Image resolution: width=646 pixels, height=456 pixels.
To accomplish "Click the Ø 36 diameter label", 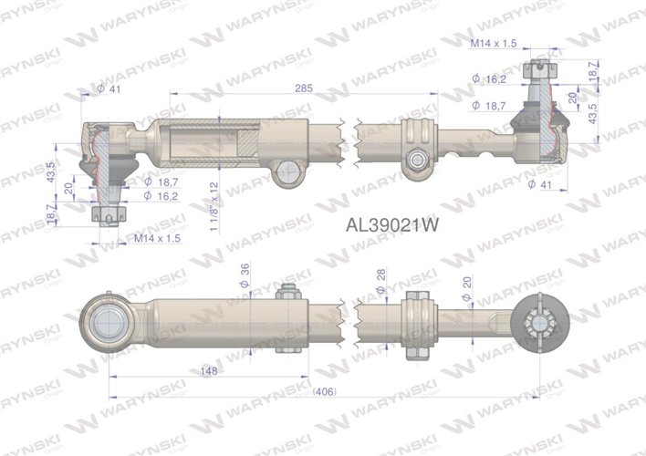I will click(x=245, y=275).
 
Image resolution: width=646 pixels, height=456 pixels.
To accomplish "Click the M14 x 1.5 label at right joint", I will click(x=496, y=42).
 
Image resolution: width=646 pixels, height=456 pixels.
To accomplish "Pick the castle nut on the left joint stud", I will click(x=108, y=214).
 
